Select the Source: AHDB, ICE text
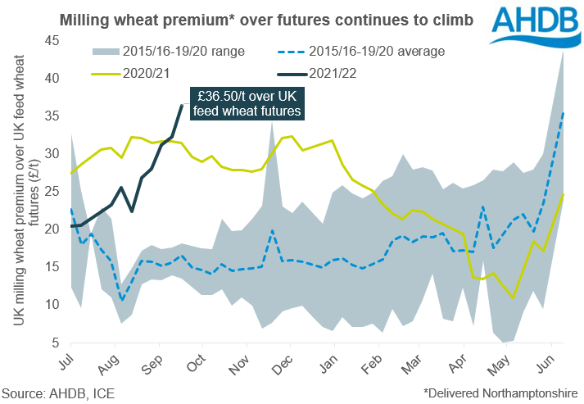coord(58,392)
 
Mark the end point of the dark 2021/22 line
coord(182,105)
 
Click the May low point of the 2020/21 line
coord(513,297)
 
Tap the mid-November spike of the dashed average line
coord(271,231)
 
